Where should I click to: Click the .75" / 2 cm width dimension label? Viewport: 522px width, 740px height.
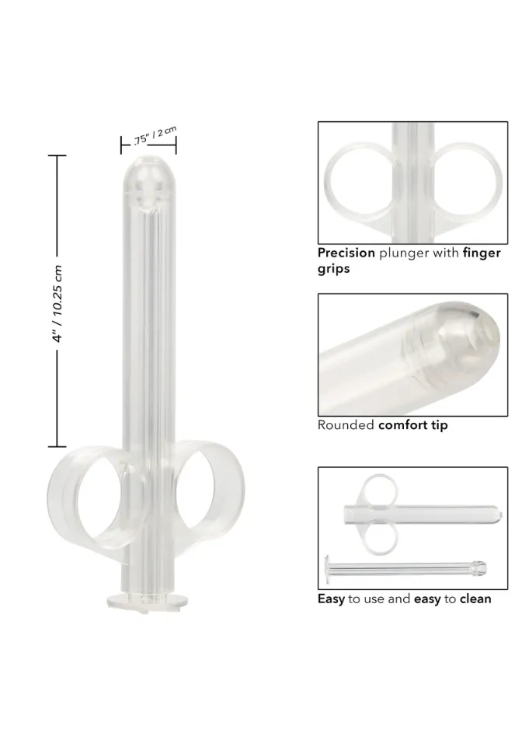click(155, 135)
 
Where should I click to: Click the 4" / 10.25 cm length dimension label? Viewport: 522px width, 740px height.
click(58, 304)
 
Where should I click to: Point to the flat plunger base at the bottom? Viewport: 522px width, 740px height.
click(147, 602)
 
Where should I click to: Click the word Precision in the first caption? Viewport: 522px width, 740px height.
click(346, 253)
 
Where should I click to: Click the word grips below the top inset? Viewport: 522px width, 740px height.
click(333, 269)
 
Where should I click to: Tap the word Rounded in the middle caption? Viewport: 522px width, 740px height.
click(346, 424)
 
